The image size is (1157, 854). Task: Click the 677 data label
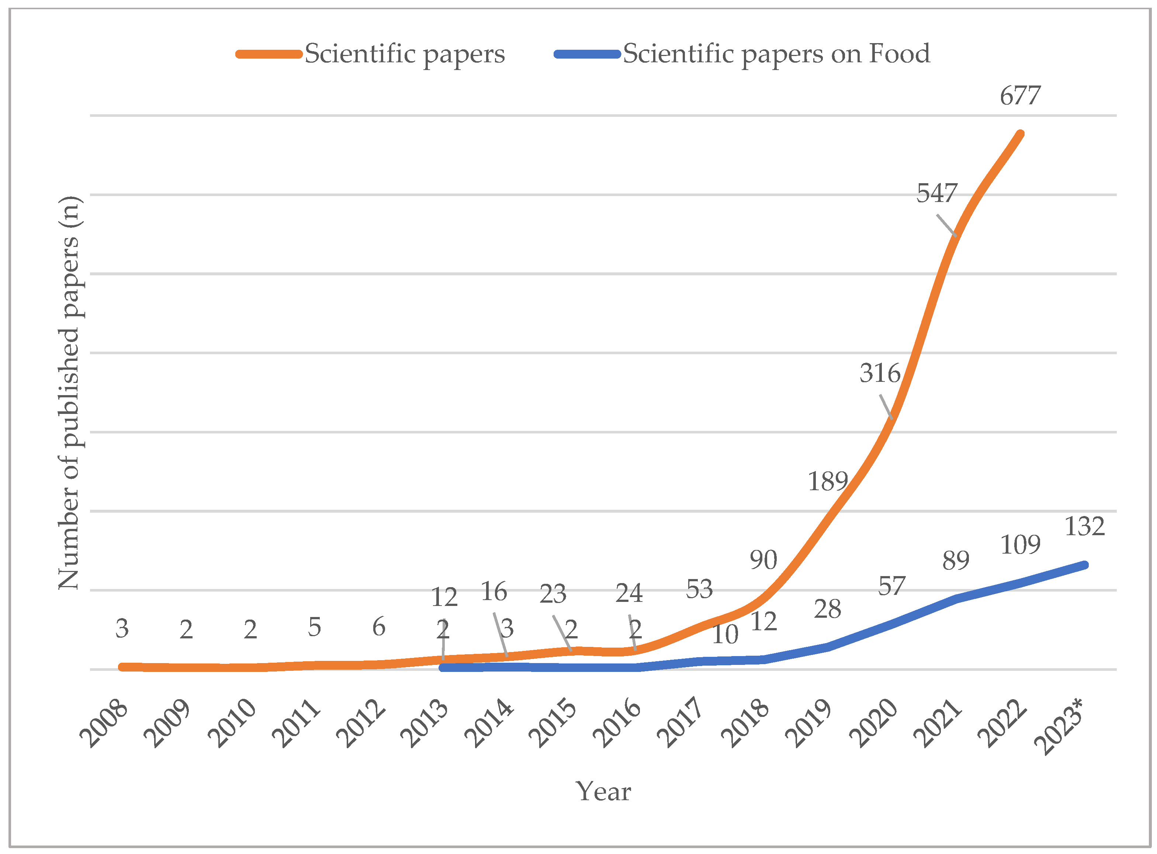click(1019, 96)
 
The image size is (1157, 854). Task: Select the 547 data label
click(937, 194)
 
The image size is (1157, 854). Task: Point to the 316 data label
click(880, 374)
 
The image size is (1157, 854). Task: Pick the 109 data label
click(1020, 545)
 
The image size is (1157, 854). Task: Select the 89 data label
click(955, 561)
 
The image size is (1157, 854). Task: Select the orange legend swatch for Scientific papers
click(269, 54)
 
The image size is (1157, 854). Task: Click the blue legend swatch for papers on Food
click(587, 54)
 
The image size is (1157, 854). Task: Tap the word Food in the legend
click(900, 54)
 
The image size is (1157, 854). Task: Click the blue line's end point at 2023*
click(1085, 565)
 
